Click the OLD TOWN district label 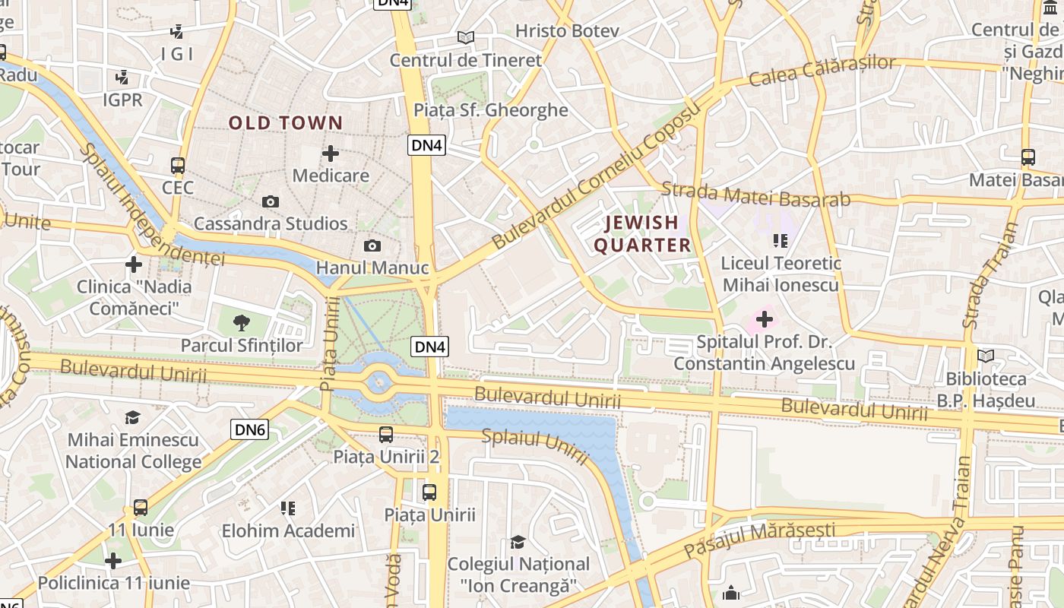[286, 122]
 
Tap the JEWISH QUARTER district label [642, 233]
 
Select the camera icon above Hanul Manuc [372, 245]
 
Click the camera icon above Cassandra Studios [270, 201]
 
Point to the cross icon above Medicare [331, 154]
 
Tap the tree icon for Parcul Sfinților [242, 323]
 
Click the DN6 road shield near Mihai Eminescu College [249, 429]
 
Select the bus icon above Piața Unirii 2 [386, 435]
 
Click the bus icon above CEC [178, 165]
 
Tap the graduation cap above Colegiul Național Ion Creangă [518, 542]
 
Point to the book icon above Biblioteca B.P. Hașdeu [986, 356]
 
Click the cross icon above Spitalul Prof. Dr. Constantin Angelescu [765, 320]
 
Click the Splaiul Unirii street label [536, 446]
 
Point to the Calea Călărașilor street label [822, 71]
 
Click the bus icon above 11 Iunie [141, 507]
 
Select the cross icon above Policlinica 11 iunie [113, 561]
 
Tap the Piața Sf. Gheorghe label [490, 110]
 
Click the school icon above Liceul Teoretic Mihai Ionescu [780, 241]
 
